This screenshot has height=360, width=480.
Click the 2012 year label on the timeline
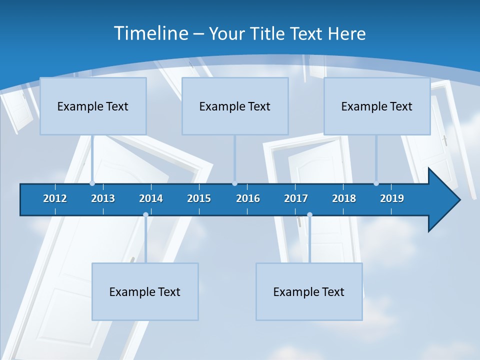[55, 198]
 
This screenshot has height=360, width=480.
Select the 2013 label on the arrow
[103, 198]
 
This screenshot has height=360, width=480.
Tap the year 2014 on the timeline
[151, 198]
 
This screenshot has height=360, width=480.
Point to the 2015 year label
[199, 198]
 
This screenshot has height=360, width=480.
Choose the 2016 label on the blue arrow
[248, 198]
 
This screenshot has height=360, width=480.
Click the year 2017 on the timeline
[296, 198]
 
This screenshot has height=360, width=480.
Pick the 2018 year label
[344, 198]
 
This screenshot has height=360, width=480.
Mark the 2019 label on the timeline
[392, 198]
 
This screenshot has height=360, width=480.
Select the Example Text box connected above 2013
[93, 106]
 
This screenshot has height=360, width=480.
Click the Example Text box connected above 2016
[235, 106]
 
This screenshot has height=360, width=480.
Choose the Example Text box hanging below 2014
[145, 291]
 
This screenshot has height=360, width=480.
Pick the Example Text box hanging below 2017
[309, 291]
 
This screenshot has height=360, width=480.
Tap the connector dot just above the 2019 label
[376, 183]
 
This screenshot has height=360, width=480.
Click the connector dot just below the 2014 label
[145, 215]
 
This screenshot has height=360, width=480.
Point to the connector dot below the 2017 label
[309, 215]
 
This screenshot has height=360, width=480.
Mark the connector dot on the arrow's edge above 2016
[234, 183]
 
